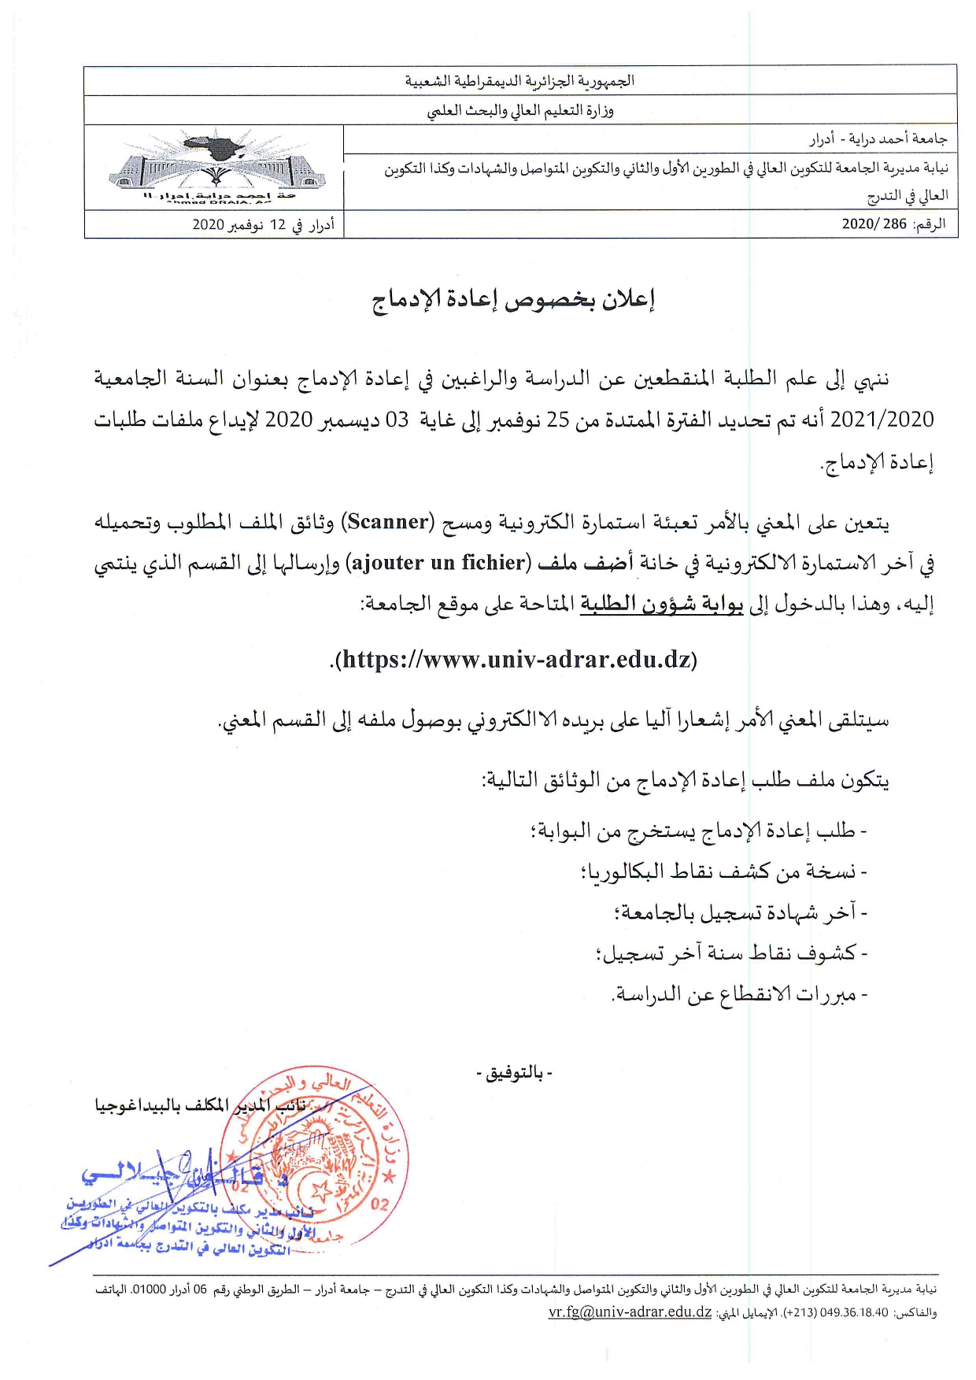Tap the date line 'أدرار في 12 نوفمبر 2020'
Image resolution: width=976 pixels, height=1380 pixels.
263,225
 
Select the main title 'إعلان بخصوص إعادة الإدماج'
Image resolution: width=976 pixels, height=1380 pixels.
513,299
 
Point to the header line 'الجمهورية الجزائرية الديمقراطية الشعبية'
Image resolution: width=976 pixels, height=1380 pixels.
519,81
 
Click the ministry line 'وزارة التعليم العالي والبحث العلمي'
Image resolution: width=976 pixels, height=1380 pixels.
519,110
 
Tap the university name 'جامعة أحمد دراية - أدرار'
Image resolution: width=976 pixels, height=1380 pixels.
878,139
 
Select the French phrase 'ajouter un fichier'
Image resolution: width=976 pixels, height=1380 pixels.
439,563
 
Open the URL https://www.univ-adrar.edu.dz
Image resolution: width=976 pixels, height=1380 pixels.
516,659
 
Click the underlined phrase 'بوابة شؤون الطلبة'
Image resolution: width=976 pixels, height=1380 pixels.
662,604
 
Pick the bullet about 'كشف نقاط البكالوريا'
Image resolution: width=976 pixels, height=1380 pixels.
724,872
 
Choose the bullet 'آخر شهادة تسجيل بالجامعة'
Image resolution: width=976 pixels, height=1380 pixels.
740,913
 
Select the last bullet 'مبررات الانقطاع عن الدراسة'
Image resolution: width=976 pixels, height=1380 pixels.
740,995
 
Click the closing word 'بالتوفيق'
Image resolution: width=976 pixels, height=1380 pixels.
515,1073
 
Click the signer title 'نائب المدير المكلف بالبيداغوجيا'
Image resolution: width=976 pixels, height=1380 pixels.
200,1106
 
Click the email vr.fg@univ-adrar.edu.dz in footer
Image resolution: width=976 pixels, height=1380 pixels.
630,1312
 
